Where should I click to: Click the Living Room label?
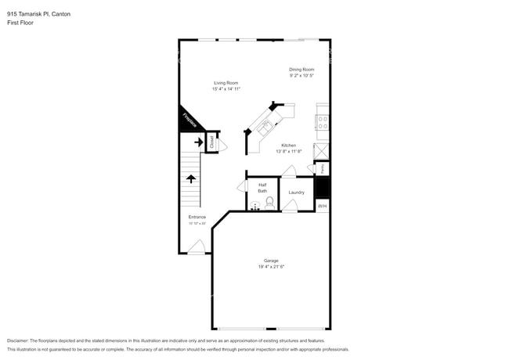[x=226, y=83]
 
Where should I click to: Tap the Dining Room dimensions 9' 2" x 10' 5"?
[x=301, y=76]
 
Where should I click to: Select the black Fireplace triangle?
[x=189, y=120]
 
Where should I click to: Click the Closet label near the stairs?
[x=211, y=142]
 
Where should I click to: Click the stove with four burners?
[x=322, y=122]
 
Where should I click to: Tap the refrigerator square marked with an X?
[x=321, y=150]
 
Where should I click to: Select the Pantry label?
[x=323, y=168]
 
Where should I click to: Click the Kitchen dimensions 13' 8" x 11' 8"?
[x=289, y=152]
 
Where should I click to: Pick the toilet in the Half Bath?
[x=270, y=203]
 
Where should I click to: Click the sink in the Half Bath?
[x=254, y=207]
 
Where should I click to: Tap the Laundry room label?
[x=296, y=192]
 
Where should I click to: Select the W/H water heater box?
[x=322, y=207]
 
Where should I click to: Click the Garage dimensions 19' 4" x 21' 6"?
[x=271, y=267]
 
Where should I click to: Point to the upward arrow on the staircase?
[x=190, y=178]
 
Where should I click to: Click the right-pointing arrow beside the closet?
[x=198, y=142]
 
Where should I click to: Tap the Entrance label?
[x=197, y=217]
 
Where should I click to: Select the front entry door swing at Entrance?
[x=197, y=247]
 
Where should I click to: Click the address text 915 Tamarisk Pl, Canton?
[x=38, y=13]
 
